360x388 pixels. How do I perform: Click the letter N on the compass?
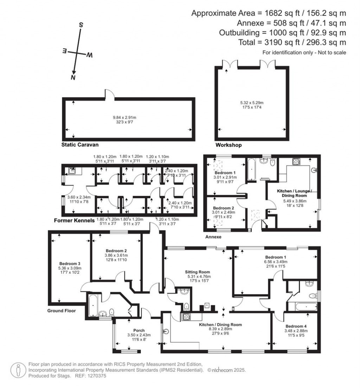(73, 77)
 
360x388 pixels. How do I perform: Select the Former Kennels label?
(73, 221)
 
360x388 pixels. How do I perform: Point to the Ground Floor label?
(62, 311)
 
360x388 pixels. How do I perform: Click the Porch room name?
(130, 330)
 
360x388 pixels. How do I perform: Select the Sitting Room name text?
(198, 272)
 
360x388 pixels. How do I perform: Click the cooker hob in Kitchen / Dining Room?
(186, 317)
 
